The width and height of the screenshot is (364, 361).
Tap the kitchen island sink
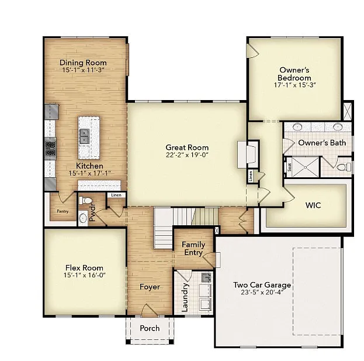click(x=85, y=136)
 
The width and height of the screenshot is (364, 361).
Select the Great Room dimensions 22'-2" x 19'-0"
click(x=187, y=156)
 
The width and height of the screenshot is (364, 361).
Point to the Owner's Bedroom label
click(x=294, y=74)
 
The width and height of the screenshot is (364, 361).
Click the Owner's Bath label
click(x=322, y=143)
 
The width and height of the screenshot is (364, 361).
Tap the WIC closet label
click(x=313, y=205)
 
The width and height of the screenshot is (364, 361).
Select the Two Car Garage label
click(x=262, y=285)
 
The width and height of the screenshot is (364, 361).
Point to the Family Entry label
click(x=193, y=248)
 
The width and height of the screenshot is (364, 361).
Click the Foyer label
click(x=150, y=287)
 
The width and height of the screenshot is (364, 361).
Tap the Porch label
click(x=150, y=328)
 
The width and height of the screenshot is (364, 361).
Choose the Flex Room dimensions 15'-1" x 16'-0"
click(x=85, y=275)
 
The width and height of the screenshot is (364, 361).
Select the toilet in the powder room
click(x=88, y=201)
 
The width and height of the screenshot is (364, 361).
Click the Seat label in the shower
click(x=289, y=166)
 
